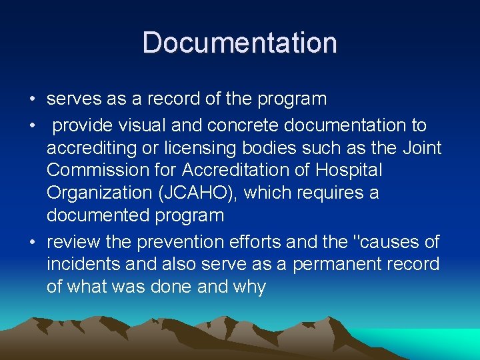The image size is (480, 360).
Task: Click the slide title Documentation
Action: (x=240, y=43)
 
